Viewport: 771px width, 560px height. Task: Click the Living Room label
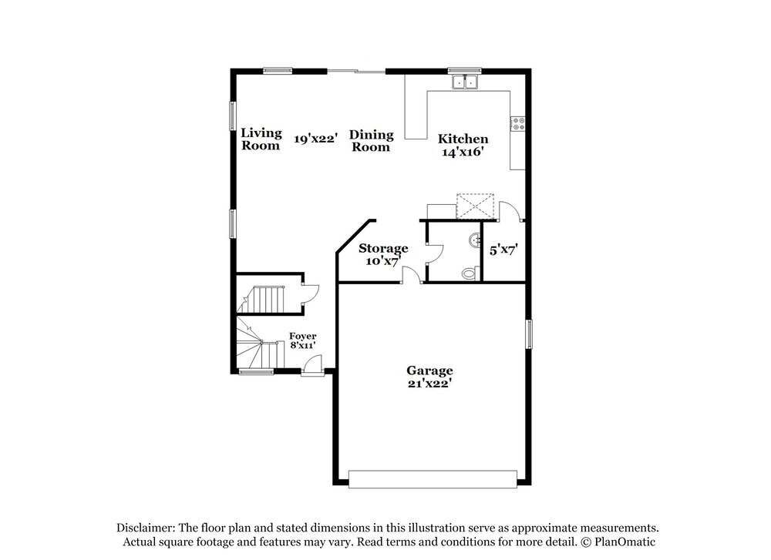click(261, 139)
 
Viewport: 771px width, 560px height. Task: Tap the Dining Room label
click(372, 140)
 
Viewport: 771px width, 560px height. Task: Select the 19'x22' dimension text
click(316, 139)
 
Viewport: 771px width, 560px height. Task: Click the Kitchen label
click(463, 139)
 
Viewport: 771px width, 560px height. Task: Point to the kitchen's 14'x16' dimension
click(463, 152)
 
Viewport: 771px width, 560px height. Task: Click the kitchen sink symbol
click(465, 81)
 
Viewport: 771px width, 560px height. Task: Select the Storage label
click(383, 248)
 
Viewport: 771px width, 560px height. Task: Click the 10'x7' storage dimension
click(383, 261)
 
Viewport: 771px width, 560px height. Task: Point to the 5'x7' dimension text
click(503, 250)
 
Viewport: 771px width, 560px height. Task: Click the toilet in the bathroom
click(468, 273)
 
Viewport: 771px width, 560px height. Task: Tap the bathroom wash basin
click(474, 241)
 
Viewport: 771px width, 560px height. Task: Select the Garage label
click(429, 371)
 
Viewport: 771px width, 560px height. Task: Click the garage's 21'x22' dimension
click(429, 383)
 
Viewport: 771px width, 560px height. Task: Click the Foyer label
click(301, 336)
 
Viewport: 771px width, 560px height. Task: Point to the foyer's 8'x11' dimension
click(301, 346)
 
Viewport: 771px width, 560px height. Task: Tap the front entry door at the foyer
click(312, 371)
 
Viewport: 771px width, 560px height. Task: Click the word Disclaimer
click(146, 528)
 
